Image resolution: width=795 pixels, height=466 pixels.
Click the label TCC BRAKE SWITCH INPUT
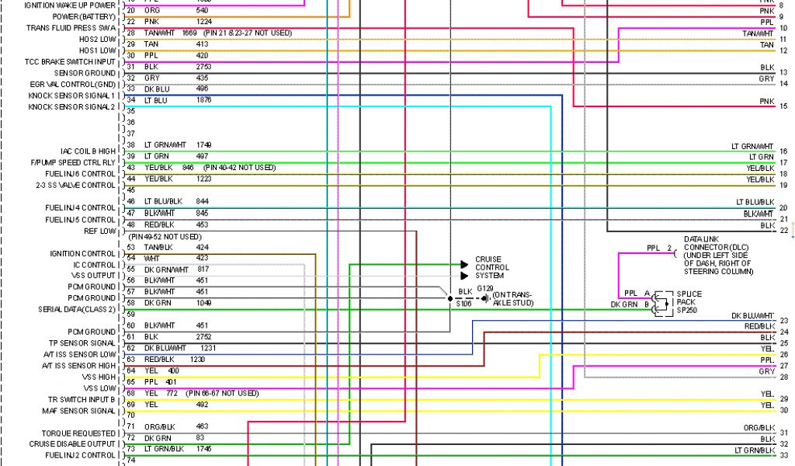coord(70,61)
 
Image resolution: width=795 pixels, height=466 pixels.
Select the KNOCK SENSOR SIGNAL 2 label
coord(71,106)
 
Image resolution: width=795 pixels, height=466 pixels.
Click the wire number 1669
coord(189,33)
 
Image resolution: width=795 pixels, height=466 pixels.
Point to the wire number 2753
coord(203,67)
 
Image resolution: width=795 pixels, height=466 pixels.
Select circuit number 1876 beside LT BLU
coord(203,100)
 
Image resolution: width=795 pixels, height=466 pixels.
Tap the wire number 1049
coord(203,303)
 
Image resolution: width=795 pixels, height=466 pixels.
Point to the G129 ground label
coord(485,289)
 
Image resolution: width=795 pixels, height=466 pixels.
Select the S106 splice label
coord(463,304)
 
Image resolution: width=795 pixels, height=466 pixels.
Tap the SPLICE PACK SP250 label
coord(688,301)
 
